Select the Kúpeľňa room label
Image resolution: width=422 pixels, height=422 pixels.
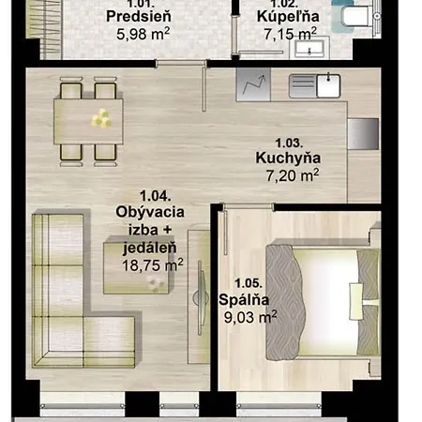pos(288,16)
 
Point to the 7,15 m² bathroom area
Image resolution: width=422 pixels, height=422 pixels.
pos(288,34)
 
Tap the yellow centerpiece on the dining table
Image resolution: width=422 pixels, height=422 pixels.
pos(99,117)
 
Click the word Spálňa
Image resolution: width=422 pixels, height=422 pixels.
pos(244,300)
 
